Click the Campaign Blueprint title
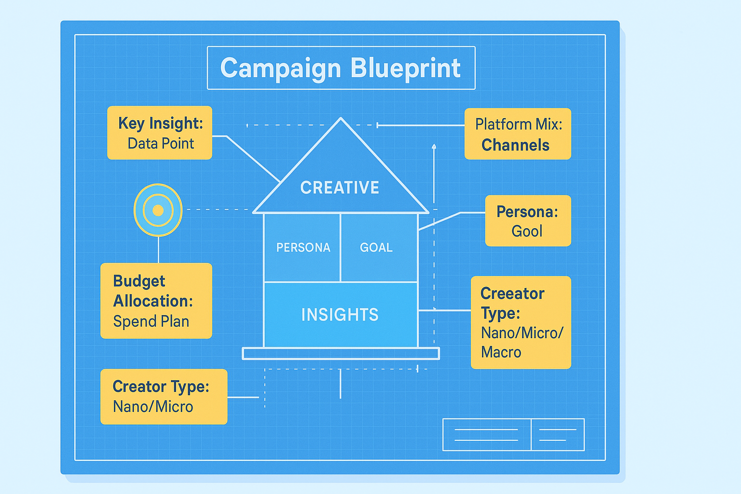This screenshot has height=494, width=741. click(x=341, y=68)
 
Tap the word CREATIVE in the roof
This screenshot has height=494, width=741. click(x=340, y=188)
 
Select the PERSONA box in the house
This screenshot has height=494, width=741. click(x=302, y=247)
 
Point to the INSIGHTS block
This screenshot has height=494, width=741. click(x=340, y=315)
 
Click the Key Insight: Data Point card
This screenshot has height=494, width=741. click(x=160, y=133)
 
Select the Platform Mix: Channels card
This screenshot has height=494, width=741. click(x=518, y=134)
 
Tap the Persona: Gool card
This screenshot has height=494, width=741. click(x=528, y=221)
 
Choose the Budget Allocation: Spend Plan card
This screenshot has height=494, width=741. click(x=156, y=301)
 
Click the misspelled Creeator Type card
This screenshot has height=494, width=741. click(x=521, y=322)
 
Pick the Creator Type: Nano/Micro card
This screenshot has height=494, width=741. click(x=164, y=397)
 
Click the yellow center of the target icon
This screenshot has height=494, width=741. click(x=158, y=210)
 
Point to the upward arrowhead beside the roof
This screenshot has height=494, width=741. click(x=434, y=146)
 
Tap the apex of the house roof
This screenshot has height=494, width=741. click(x=341, y=119)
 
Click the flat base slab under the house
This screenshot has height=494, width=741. click(x=341, y=354)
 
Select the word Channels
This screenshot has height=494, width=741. click(x=515, y=145)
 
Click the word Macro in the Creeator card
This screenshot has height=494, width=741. click(x=501, y=352)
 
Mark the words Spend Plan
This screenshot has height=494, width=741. click(x=151, y=321)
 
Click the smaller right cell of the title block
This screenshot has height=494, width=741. click(x=558, y=435)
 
